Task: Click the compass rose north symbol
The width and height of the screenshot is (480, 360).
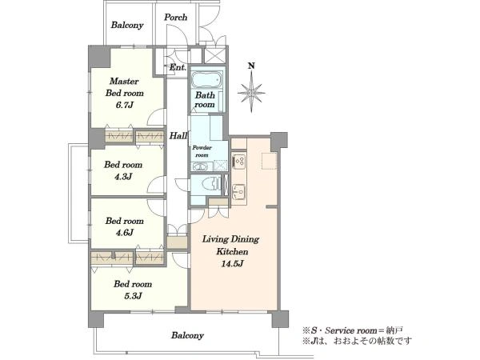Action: [251, 92]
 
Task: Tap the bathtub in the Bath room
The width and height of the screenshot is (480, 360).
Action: [206, 79]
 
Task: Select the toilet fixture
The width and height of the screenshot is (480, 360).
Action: [212, 184]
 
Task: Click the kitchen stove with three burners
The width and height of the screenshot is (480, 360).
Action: [238, 162]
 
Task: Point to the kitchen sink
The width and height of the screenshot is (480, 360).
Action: [238, 192]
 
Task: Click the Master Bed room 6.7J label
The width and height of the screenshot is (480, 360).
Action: [124, 93]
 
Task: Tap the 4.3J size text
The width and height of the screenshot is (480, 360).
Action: [123, 177]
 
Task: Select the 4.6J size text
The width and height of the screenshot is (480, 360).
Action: [124, 233]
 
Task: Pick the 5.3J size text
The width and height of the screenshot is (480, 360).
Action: [133, 296]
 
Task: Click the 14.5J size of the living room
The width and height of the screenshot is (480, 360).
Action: [232, 263]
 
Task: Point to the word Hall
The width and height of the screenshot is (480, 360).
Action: [178, 136]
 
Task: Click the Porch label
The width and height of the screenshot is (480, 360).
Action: [175, 17]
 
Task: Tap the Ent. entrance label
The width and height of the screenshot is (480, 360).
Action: [178, 67]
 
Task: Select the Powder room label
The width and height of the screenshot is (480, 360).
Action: [202, 151]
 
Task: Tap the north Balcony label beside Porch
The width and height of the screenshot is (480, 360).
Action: [127, 25]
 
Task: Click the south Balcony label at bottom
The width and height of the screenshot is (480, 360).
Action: [187, 335]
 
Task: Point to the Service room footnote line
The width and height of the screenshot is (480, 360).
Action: [353, 330]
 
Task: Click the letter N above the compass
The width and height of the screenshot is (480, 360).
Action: [251, 66]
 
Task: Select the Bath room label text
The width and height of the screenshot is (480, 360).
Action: [205, 100]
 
